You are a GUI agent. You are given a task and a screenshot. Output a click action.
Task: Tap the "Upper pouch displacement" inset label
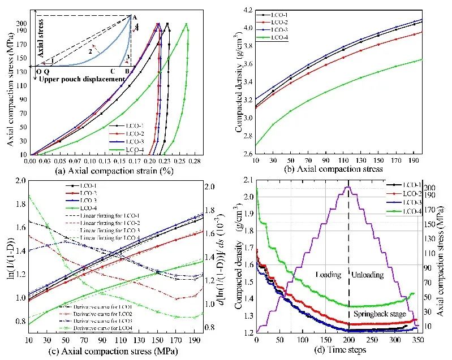(x=80, y=79)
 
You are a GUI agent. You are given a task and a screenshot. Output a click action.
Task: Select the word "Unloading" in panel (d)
(x=368, y=275)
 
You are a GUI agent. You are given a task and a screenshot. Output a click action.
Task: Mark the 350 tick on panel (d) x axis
(x=419, y=342)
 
